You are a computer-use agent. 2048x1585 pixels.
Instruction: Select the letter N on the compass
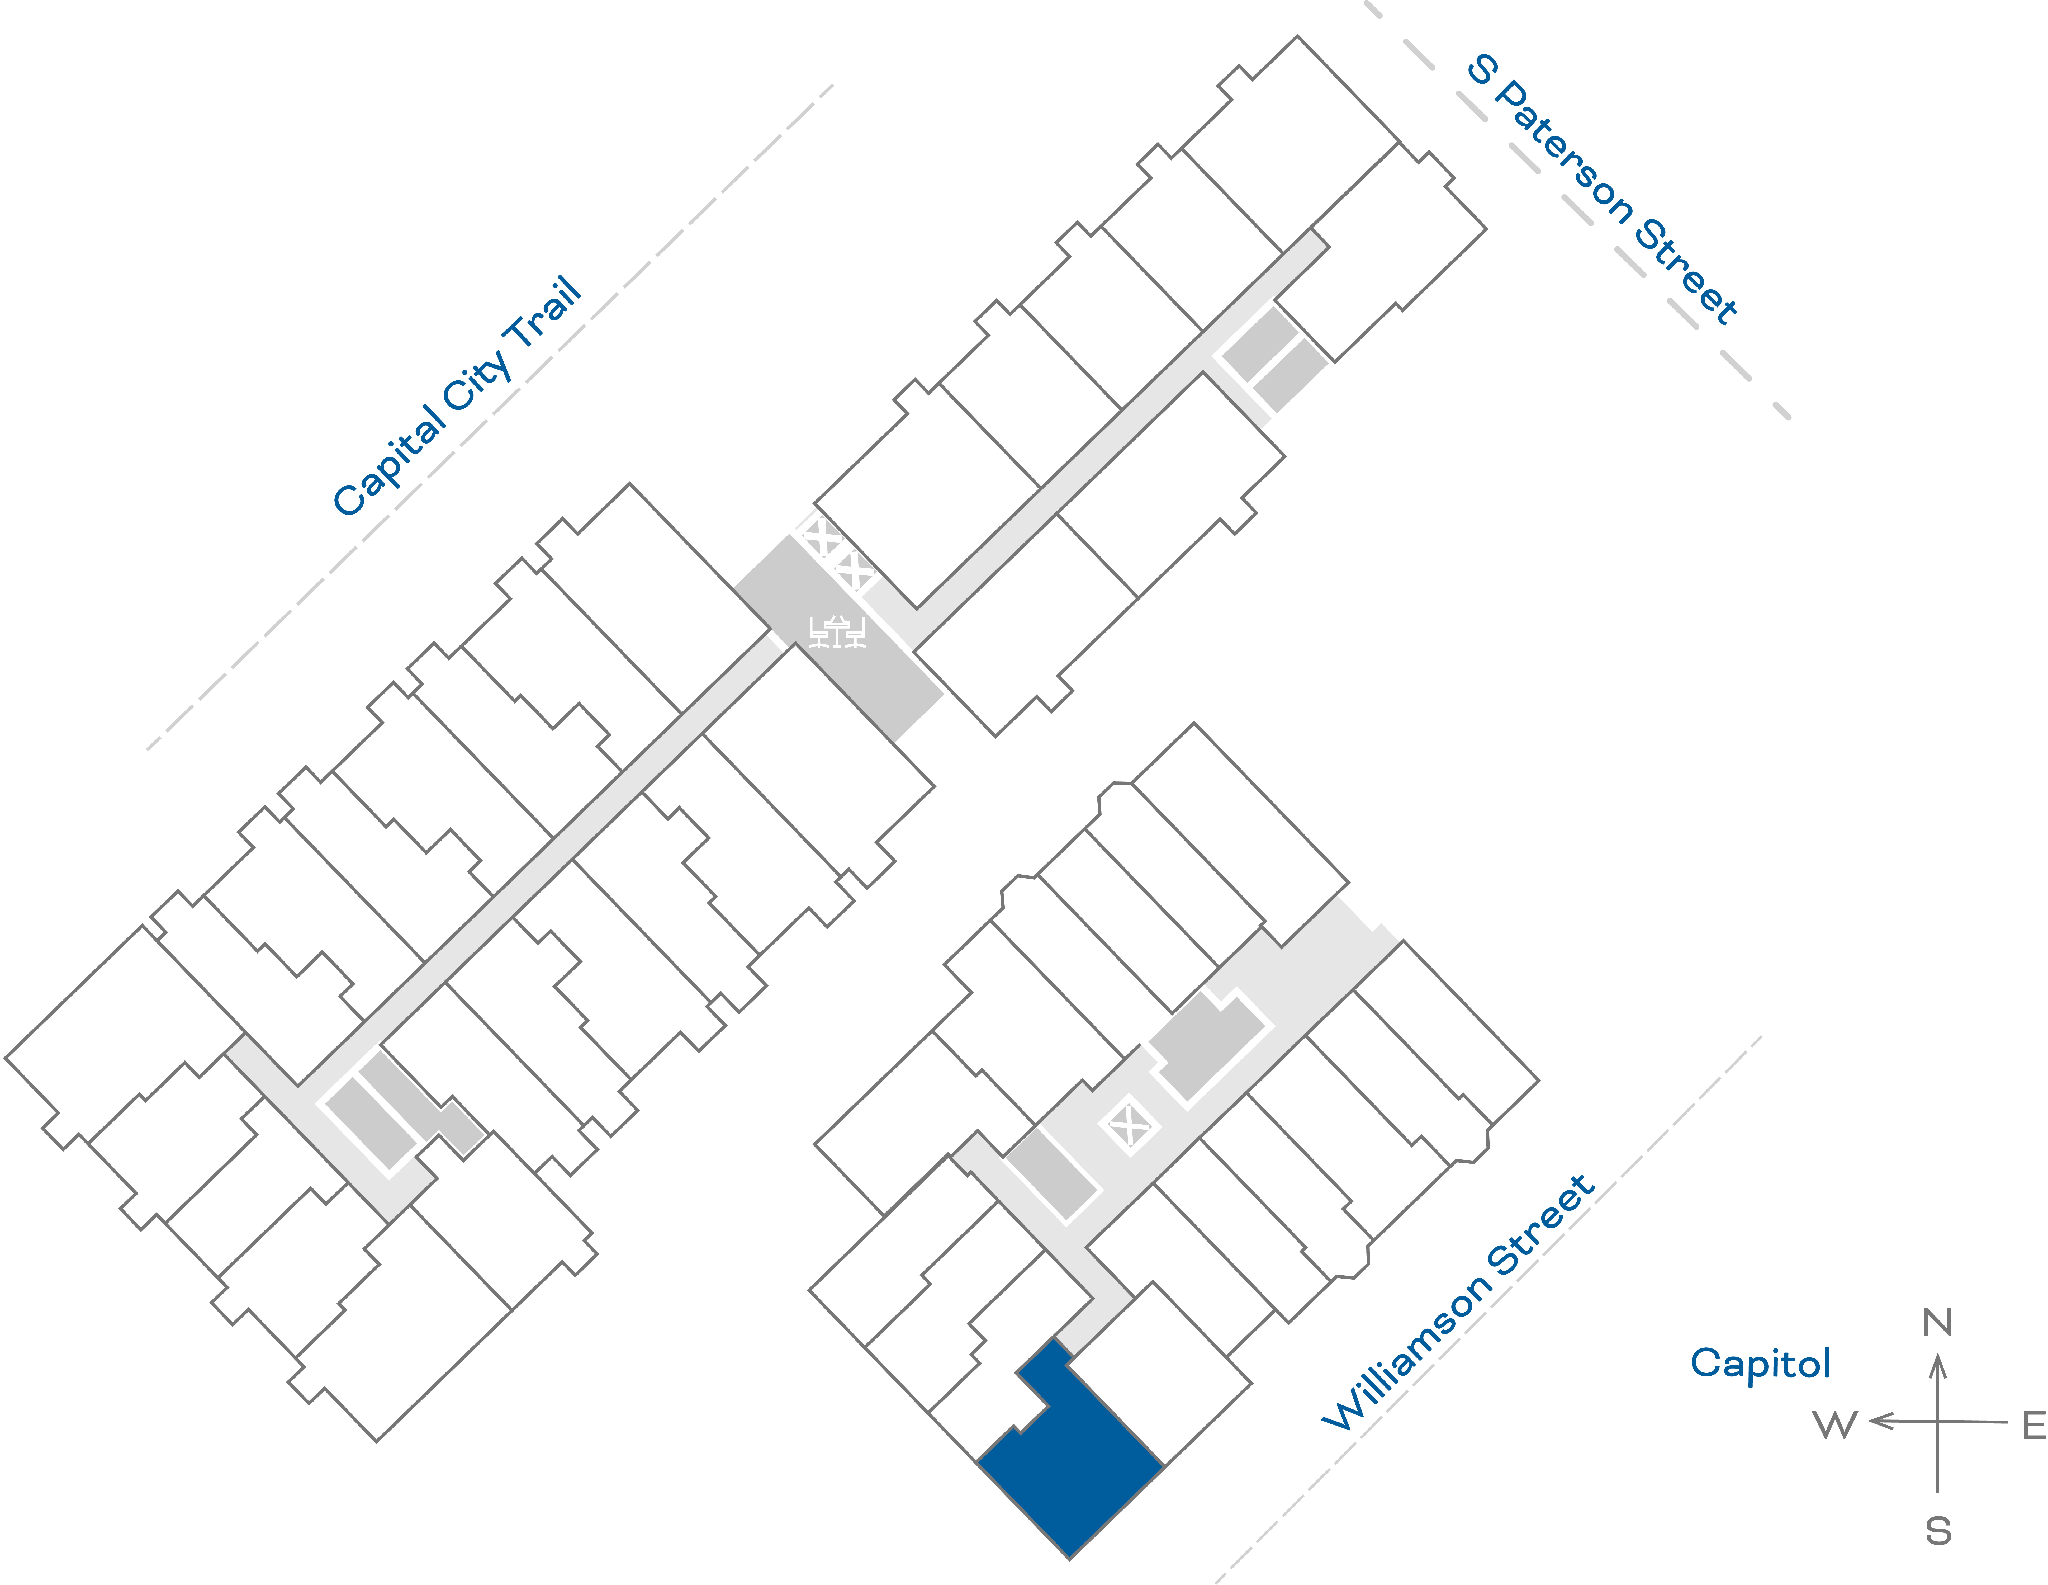point(1937,1322)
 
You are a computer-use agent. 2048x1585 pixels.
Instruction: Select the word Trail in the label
point(544,314)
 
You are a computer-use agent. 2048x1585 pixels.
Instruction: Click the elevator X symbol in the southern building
point(1129,1125)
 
